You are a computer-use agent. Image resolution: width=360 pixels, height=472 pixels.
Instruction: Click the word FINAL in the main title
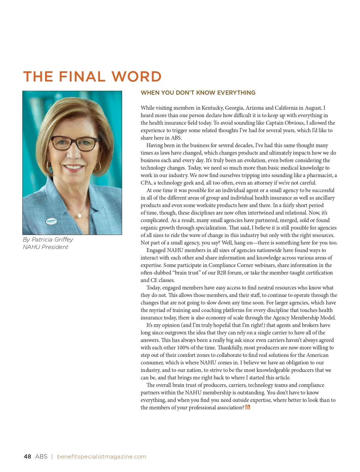point(82,77)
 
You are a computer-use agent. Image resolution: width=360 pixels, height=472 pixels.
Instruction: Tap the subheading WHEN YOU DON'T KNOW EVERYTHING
point(198,93)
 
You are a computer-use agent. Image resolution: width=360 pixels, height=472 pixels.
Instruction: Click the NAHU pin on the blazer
point(51,221)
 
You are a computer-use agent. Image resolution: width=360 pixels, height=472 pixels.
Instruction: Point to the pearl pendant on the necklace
point(79,215)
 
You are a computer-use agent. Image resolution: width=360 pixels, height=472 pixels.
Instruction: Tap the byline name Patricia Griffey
point(52,239)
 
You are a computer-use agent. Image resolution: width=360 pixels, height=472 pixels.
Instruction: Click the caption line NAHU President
point(45,247)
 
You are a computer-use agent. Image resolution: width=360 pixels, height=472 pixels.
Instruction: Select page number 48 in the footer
point(27,456)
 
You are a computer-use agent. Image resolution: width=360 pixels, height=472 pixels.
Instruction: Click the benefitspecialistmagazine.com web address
point(101,456)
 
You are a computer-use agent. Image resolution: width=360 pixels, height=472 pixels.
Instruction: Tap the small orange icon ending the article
point(247,407)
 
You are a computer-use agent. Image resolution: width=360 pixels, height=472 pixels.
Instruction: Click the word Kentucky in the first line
point(212,108)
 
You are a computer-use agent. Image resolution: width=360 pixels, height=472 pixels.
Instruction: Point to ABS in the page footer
point(41,456)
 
